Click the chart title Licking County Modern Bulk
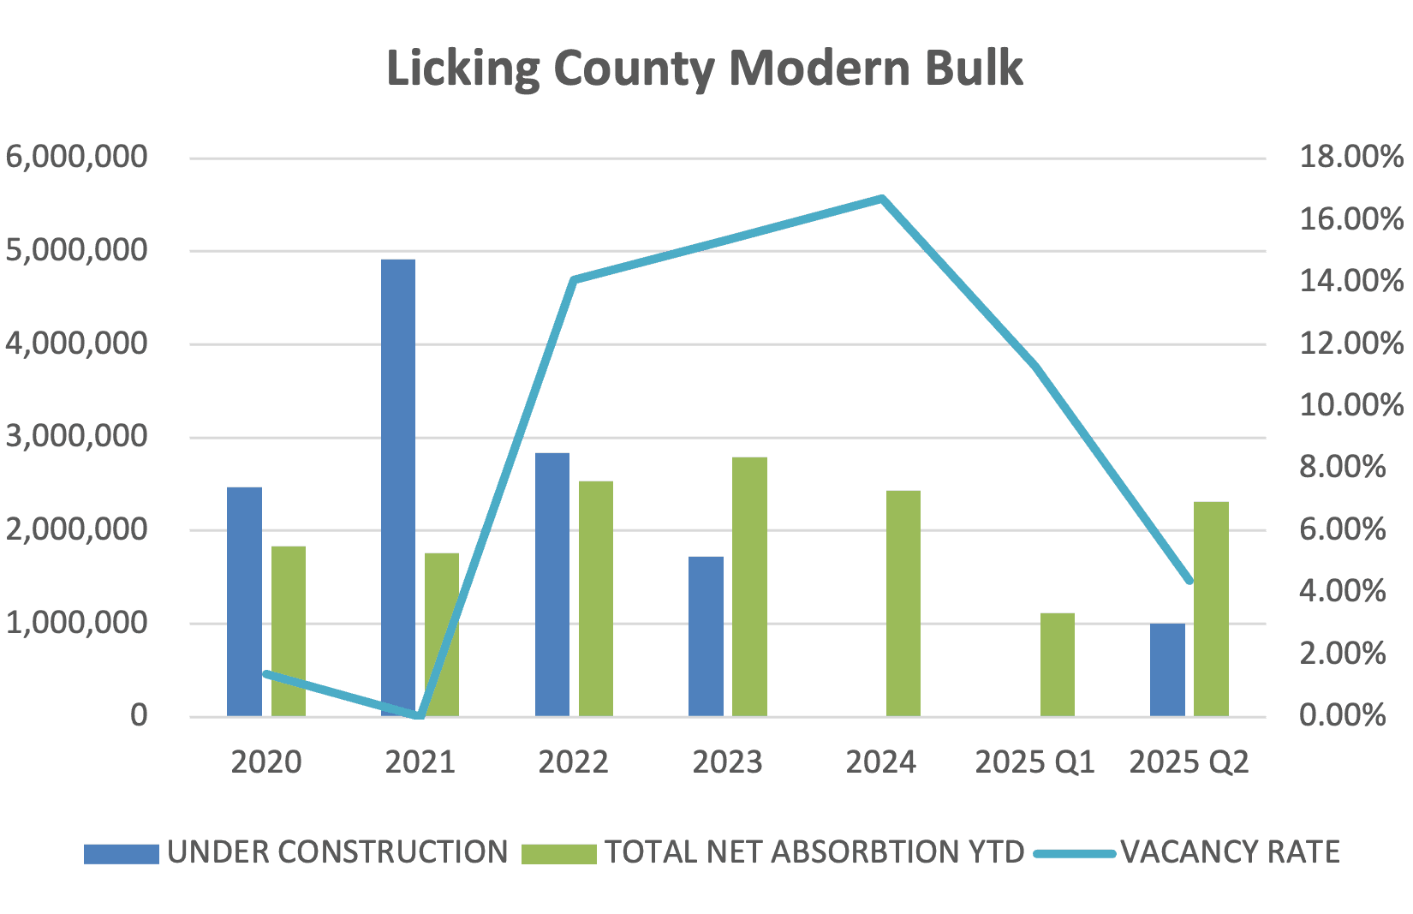pyautogui.click(x=704, y=69)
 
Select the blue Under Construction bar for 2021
pyautogui.click(x=398, y=488)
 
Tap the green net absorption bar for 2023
pyautogui.click(x=749, y=587)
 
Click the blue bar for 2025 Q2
pyautogui.click(x=1167, y=670)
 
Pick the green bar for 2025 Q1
pyautogui.click(x=1057, y=665)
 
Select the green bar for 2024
pyautogui.click(x=903, y=604)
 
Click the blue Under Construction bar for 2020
pyautogui.click(x=244, y=601)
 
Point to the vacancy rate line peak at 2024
pyautogui.click(x=881, y=199)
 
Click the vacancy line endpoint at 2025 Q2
pyautogui.click(x=1189, y=581)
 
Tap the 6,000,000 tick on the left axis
pyautogui.click(x=77, y=157)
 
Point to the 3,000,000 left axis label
pyautogui.click(x=77, y=436)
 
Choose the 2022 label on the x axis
pyautogui.click(x=573, y=762)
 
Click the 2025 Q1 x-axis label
pyautogui.click(x=1034, y=762)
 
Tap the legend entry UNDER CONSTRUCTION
pyautogui.click(x=337, y=852)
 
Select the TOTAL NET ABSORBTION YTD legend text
pyautogui.click(x=814, y=852)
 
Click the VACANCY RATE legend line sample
pyautogui.click(x=1074, y=853)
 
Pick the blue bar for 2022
pyautogui.click(x=552, y=584)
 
